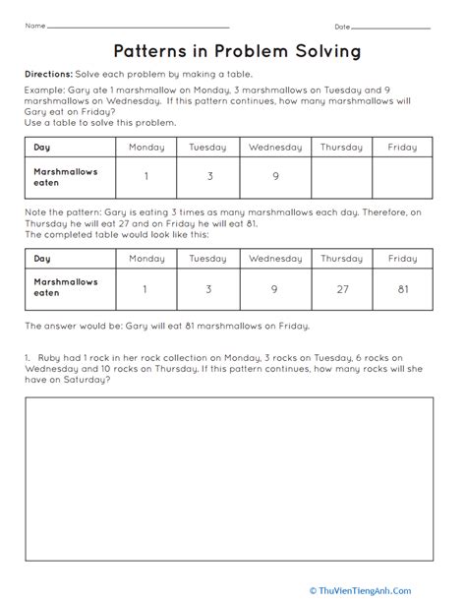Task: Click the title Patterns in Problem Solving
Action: point(233,49)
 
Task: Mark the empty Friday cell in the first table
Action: point(402,178)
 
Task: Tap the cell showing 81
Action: point(402,290)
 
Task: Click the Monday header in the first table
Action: point(146,148)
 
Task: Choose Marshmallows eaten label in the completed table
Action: point(66,288)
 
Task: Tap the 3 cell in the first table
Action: point(207,178)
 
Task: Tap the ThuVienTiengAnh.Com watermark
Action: point(398,589)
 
